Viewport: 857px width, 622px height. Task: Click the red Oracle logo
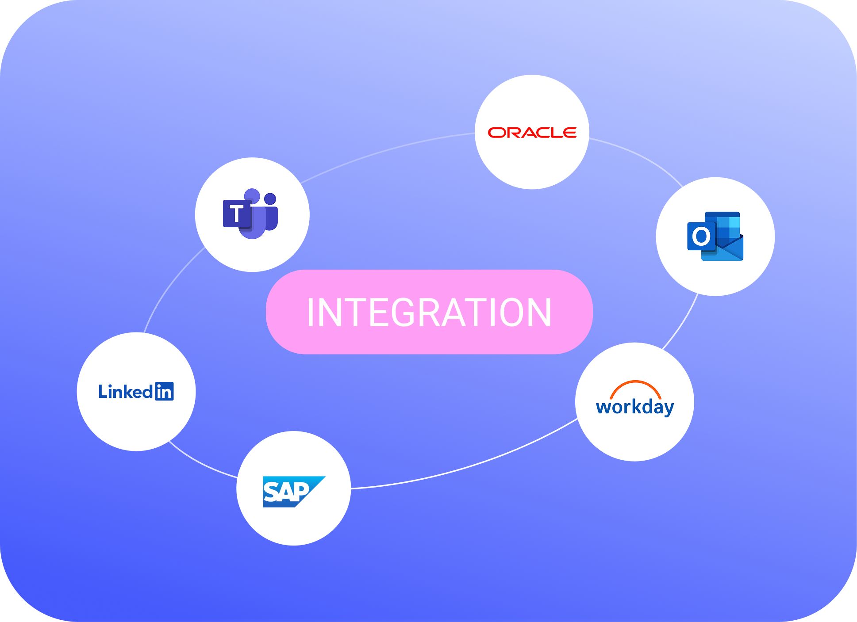click(532, 133)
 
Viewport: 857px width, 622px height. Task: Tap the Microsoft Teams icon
click(250, 214)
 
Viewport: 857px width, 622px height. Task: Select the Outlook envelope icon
click(715, 236)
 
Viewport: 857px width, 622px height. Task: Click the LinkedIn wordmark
click(126, 392)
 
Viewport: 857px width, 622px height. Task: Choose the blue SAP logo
click(293, 491)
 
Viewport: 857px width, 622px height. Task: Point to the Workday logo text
click(634, 407)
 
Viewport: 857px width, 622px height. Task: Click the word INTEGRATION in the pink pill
click(429, 313)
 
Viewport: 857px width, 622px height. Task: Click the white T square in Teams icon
click(237, 214)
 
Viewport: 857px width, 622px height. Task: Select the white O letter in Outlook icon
click(701, 237)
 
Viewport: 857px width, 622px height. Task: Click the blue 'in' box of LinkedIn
click(164, 392)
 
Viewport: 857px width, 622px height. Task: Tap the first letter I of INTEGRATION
click(310, 313)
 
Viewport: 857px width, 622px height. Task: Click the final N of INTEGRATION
click(540, 313)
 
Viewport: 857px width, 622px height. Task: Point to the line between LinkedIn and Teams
click(169, 287)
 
